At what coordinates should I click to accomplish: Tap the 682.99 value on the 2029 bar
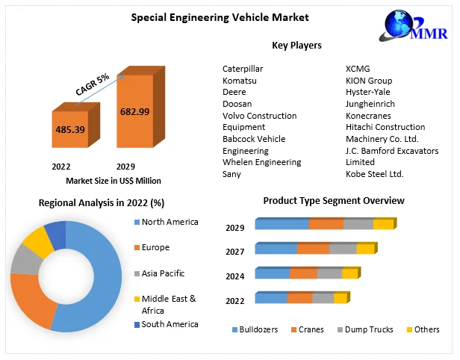click(134, 111)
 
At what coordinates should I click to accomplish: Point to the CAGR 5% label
click(93, 83)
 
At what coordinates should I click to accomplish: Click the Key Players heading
click(296, 46)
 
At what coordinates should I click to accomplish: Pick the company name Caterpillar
click(243, 69)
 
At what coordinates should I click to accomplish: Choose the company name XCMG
click(357, 69)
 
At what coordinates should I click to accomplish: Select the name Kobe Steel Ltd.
click(374, 174)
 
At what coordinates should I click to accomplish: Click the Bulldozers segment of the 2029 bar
click(282, 224)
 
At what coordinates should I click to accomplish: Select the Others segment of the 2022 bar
click(340, 298)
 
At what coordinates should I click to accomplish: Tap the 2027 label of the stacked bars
click(235, 252)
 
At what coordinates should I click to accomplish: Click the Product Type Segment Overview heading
click(334, 201)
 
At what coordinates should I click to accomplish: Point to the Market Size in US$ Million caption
click(114, 181)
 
